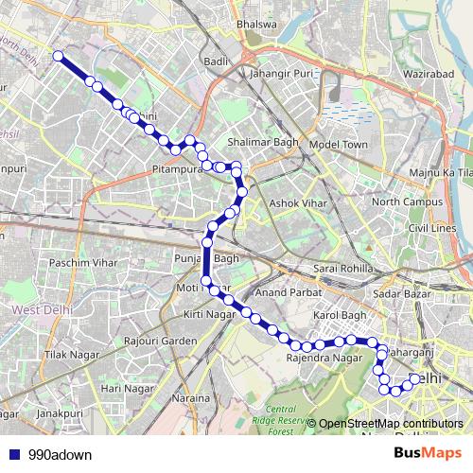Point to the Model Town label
pos(338,144)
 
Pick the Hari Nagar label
pos(127,388)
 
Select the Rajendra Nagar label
pos(324,359)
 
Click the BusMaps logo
pos(423,453)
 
